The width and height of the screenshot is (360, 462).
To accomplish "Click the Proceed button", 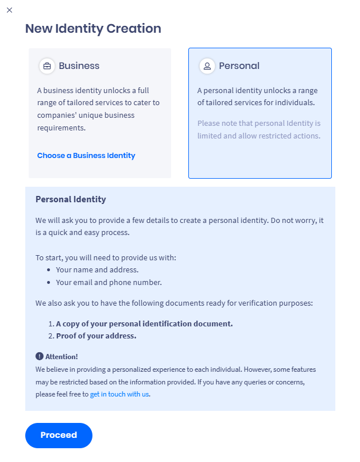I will coord(59,435).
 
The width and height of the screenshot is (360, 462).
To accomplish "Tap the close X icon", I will coord(9,10).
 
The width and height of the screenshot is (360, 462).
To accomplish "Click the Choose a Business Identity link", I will coord(86,156).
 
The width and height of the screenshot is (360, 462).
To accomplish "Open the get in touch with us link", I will coord(119,394).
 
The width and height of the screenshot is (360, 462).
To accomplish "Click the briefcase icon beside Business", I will coord(47,66).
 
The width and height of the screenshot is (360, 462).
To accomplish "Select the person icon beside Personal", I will coord(207,66).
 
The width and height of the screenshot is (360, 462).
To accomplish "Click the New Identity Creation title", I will coord(93,29).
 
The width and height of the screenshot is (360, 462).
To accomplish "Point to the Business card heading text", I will coord(79,66).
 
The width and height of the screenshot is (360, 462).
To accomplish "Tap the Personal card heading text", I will coord(239,66).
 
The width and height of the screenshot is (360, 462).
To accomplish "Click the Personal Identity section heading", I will coord(71,199).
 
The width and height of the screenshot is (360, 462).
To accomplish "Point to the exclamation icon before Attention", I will coord(39,356).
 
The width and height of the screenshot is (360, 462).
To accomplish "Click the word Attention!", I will coord(61,357).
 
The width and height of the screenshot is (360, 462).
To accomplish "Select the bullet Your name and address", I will coord(97,269).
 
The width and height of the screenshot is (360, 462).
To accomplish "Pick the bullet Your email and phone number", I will coord(109,282).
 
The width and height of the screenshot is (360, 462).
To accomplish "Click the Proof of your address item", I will coord(96,336).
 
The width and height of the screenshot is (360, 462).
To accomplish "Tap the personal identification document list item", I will coord(144,324).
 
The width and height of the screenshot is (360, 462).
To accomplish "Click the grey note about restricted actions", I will coord(258,130).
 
